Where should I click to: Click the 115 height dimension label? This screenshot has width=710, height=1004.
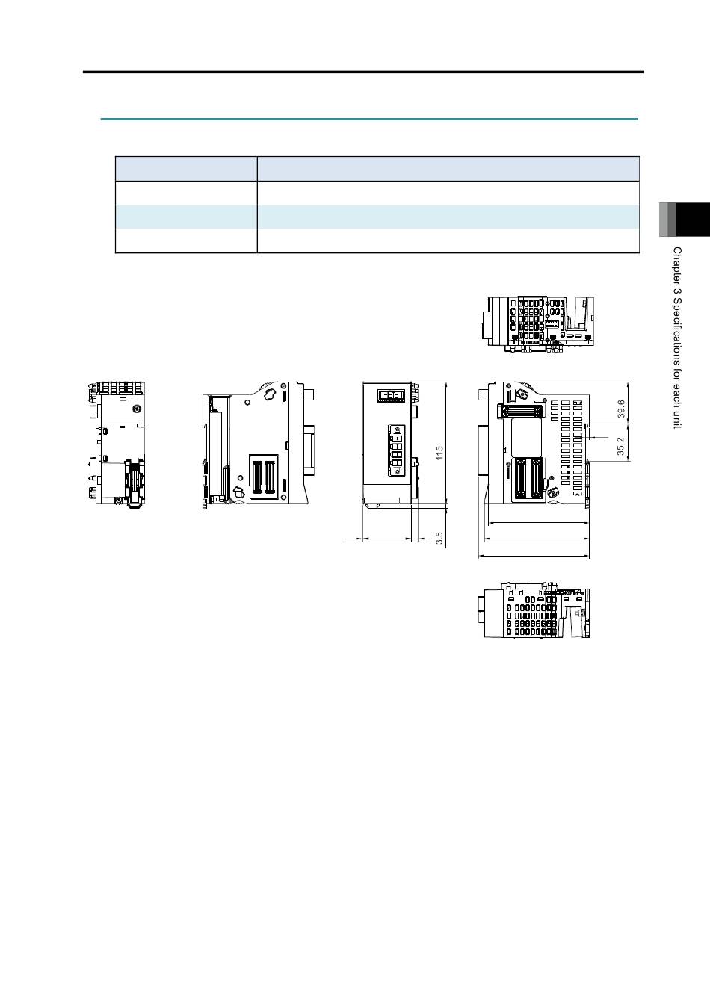point(439,453)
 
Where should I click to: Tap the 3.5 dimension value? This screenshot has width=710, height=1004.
point(439,539)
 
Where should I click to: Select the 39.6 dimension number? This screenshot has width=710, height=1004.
point(621,409)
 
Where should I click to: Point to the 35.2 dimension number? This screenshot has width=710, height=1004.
point(621,446)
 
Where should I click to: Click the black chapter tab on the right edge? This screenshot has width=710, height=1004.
point(693,220)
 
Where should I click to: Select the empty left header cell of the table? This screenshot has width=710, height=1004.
point(186,169)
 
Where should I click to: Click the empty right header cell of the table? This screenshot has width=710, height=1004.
point(448,169)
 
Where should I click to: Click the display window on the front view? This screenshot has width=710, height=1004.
point(391,396)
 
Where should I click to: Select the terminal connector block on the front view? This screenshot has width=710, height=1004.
point(396,450)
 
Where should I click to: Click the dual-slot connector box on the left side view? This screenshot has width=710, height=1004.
point(264,477)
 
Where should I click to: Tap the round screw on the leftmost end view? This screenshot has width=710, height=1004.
point(137,409)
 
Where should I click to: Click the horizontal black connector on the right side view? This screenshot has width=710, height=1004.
point(520,410)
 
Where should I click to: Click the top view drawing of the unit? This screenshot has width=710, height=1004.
point(538,324)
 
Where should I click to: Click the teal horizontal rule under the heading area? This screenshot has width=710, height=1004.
point(369,120)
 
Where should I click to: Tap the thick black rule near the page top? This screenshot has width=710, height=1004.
point(363,72)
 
